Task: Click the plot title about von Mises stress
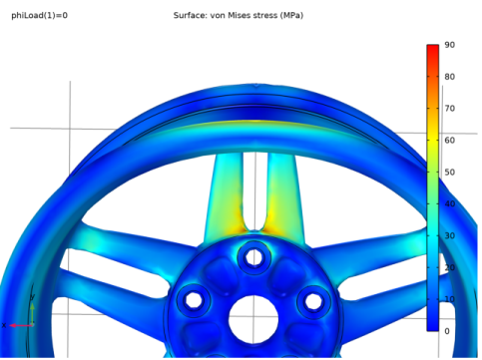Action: click(x=240, y=16)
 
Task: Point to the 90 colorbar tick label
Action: click(x=450, y=45)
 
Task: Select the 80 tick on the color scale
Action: click(x=450, y=77)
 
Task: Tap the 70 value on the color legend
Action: click(x=450, y=108)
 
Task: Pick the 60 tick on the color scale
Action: click(x=450, y=140)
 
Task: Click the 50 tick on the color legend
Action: click(x=450, y=172)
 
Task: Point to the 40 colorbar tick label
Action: click(x=450, y=203)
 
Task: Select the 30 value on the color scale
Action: click(x=450, y=235)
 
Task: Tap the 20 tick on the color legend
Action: click(x=450, y=267)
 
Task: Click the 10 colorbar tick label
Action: click(x=450, y=299)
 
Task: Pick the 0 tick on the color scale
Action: click(x=448, y=331)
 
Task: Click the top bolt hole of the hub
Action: click(x=253, y=256)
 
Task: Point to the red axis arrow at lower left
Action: click(x=18, y=325)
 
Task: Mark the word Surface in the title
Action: click(x=190, y=16)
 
